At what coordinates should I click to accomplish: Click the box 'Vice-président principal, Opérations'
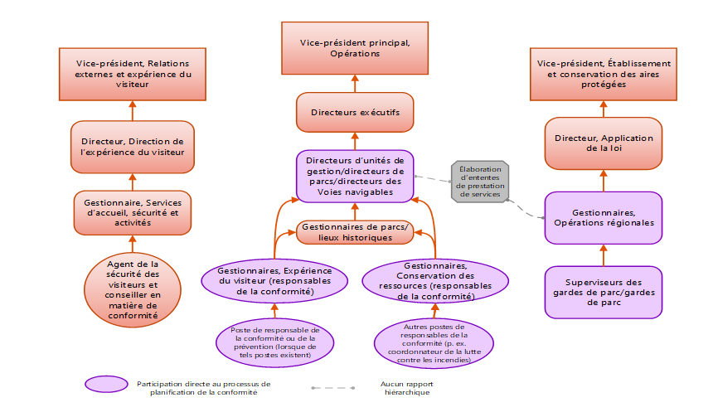(355, 47)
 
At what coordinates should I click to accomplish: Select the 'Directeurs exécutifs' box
(355, 112)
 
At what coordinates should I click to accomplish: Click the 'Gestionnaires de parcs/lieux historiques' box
(356, 231)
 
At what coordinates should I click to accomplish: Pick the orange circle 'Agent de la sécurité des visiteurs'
(133, 289)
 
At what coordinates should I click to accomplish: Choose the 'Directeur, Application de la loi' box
(603, 143)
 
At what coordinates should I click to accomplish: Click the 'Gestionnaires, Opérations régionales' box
(603, 217)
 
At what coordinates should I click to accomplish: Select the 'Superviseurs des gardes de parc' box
(603, 291)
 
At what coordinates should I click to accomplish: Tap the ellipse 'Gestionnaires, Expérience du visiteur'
(274, 280)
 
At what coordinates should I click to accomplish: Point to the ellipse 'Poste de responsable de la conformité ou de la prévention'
(274, 342)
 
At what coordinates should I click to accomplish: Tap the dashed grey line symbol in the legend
(332, 387)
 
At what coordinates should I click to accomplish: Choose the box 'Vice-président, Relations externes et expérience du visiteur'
(133, 73)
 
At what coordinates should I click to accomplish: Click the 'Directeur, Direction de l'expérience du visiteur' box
(133, 145)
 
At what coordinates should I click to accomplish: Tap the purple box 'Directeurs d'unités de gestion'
(355, 175)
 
